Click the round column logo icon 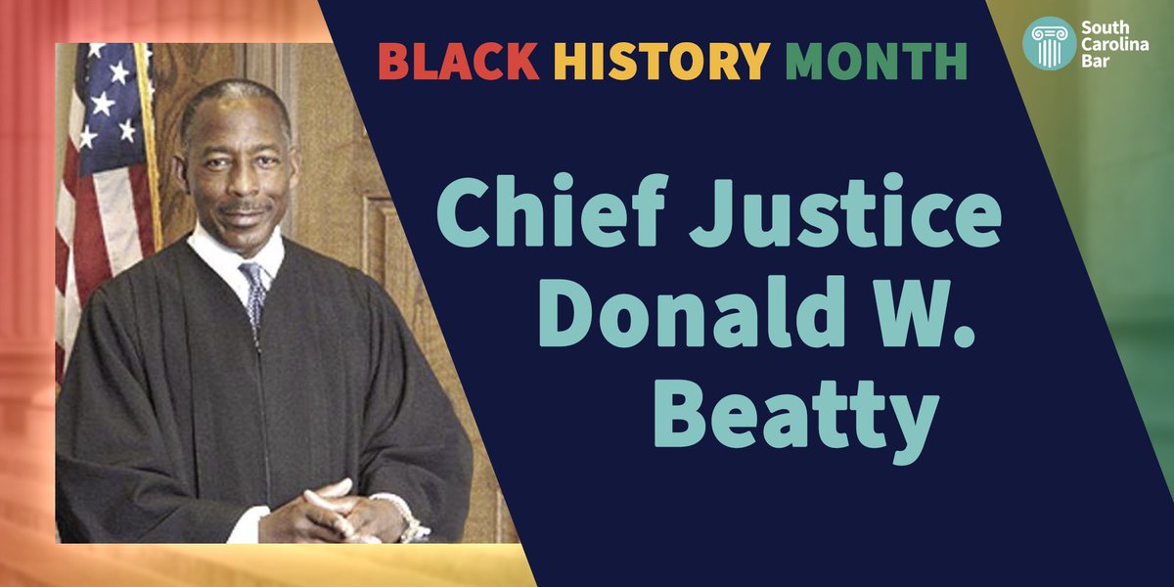(x=1049, y=44)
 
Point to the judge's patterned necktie (x=254, y=293)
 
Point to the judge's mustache (x=245, y=208)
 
